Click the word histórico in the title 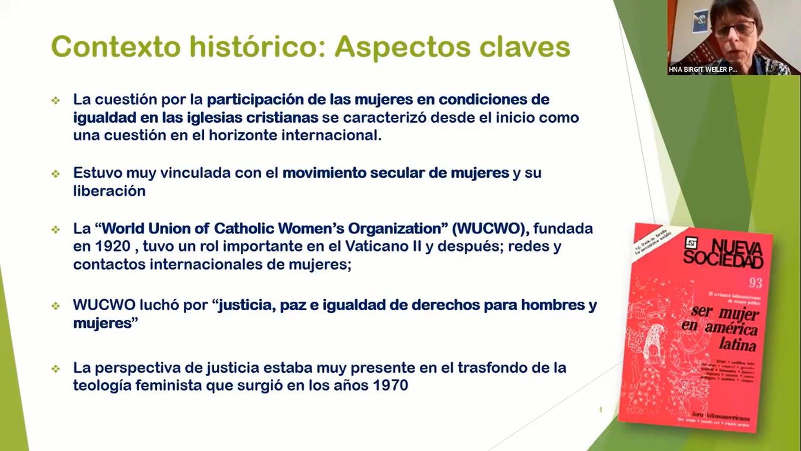[255, 47]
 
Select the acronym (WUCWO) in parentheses [490, 229]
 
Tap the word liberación [109, 191]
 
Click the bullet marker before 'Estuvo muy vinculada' [56, 174]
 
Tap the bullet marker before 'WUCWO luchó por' [56, 306]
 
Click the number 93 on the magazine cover [755, 283]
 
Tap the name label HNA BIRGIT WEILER [702, 70]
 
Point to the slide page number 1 [601, 410]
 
